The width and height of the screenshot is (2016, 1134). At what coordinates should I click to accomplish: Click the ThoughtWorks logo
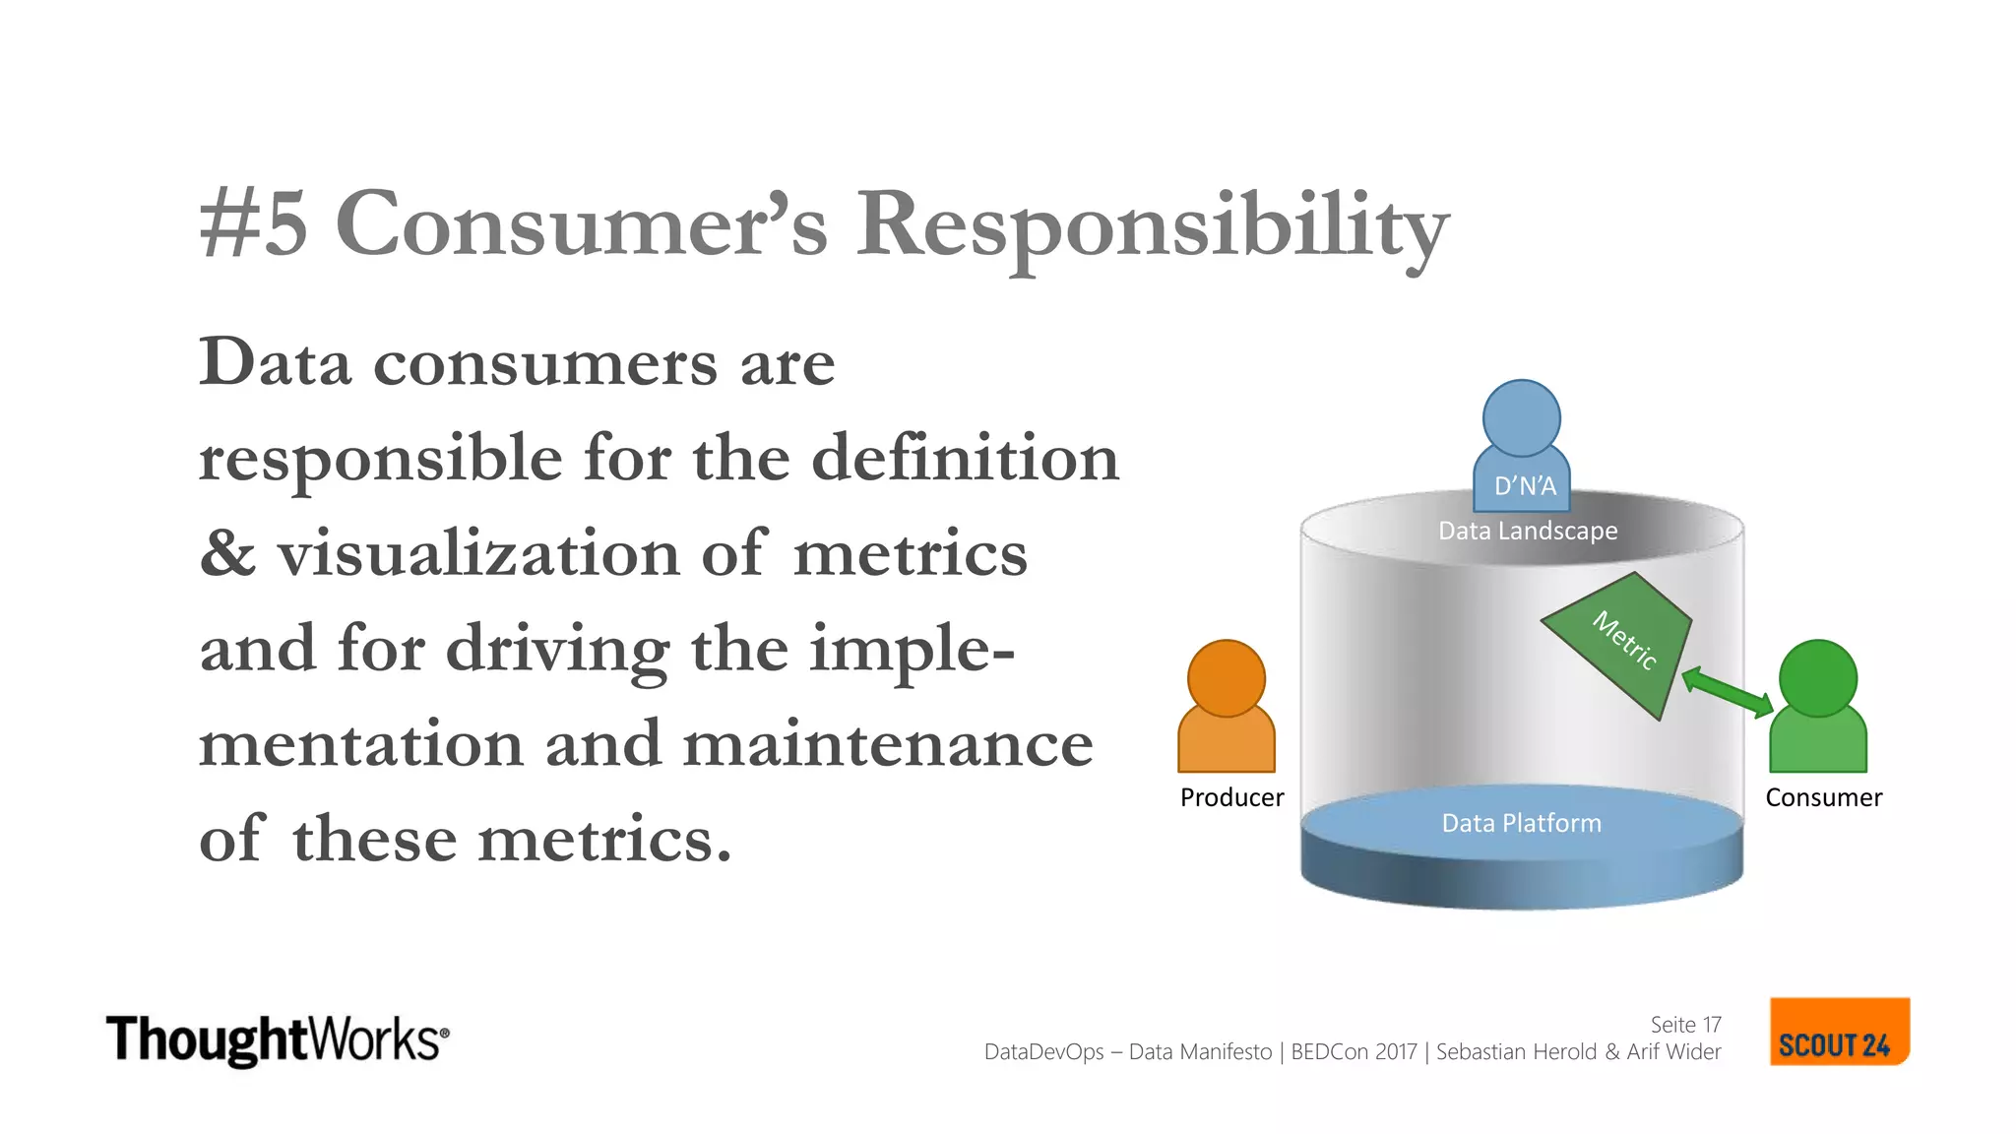click(277, 1039)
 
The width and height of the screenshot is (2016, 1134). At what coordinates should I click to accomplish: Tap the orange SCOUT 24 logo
click(1838, 1032)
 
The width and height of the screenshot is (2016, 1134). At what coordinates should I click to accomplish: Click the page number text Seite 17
click(1685, 1025)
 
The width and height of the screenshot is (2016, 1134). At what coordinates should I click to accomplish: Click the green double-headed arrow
click(1728, 692)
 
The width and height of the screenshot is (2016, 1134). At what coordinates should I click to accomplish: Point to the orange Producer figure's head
click(1226, 678)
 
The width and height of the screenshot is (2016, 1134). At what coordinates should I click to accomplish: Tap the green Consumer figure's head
click(1818, 678)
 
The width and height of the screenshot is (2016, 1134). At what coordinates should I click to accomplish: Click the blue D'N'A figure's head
click(1521, 418)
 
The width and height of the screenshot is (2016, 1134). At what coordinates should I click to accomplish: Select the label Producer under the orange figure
click(1231, 797)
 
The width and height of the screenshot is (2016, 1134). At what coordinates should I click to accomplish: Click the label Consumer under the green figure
click(1823, 797)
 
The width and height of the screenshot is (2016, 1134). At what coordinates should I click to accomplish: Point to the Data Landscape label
click(1528, 531)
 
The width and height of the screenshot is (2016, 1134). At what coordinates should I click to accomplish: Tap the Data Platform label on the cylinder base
click(1522, 823)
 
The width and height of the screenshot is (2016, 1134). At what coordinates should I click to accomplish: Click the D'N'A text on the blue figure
click(1525, 486)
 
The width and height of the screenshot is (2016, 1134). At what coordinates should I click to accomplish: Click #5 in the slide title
click(254, 224)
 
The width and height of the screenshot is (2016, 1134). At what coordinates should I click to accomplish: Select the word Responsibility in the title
click(1152, 226)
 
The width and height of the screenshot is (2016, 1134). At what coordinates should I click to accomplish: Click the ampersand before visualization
click(227, 553)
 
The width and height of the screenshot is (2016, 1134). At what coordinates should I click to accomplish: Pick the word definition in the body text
click(965, 458)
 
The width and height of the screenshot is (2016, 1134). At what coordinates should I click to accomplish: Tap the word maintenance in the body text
click(888, 743)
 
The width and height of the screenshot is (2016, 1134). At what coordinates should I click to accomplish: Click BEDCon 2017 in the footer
click(1354, 1051)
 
